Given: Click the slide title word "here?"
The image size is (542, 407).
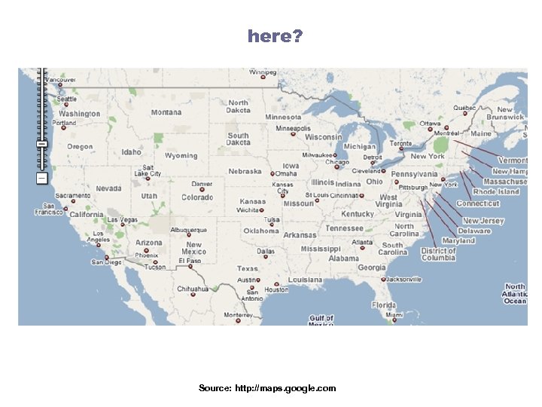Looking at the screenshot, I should click(x=275, y=35).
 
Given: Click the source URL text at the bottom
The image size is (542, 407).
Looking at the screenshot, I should click(x=267, y=388).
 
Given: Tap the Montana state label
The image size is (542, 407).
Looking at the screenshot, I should click(x=166, y=112).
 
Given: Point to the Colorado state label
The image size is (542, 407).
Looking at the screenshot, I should click(x=197, y=197).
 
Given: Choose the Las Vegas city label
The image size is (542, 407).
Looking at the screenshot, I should click(x=123, y=220).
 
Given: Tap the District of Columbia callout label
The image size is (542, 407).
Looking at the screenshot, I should click(x=438, y=254).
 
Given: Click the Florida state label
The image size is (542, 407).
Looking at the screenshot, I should click(x=383, y=305).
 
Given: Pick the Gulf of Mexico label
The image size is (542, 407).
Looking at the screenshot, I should click(x=321, y=320).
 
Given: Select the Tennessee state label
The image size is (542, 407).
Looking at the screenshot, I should click(x=344, y=228).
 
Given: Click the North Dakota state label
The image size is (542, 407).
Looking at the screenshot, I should click(x=239, y=106).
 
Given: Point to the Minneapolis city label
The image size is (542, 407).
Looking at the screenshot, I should click(x=293, y=129).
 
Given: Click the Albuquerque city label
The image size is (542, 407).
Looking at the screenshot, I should click(x=188, y=229).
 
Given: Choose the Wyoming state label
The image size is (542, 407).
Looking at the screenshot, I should click(x=181, y=156).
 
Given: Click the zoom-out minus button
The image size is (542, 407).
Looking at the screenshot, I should click(x=41, y=178).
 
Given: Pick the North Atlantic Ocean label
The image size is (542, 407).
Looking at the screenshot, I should click(x=516, y=294).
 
